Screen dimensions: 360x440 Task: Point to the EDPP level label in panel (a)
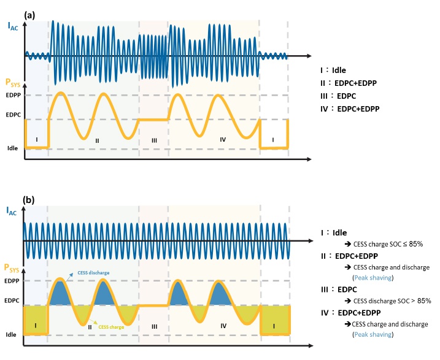point(13,95)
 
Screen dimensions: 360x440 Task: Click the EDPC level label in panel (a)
point(13,115)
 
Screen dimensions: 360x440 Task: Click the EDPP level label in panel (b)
point(13,281)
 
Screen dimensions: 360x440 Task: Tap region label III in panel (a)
point(154,140)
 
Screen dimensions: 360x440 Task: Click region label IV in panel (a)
point(222,140)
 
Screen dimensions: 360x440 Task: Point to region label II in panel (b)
point(90,327)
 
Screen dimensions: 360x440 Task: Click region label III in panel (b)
point(154,326)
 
